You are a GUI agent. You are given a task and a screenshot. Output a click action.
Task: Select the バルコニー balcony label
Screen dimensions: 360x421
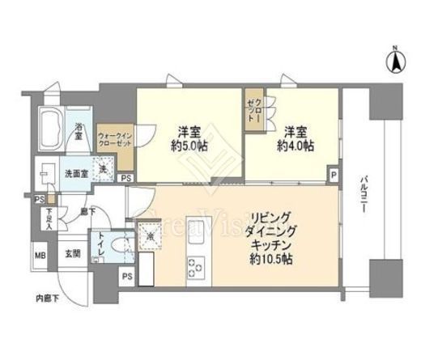pyautogui.click(x=362, y=195)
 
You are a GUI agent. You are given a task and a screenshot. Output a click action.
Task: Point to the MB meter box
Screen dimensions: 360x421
pyautogui.click(x=40, y=256)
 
